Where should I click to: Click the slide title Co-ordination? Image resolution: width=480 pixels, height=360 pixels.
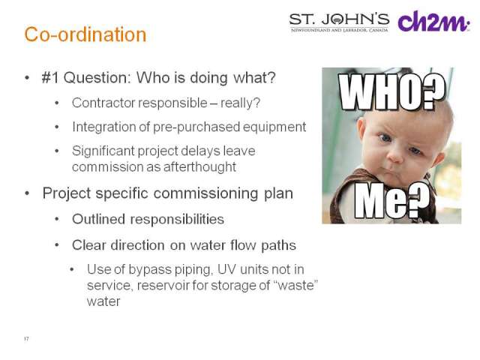85,34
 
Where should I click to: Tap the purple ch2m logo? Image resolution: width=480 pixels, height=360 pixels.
433,22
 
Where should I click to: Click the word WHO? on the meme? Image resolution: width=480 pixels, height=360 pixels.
391,91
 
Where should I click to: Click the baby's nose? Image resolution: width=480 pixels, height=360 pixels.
395,157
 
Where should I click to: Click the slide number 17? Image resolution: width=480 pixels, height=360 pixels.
26,338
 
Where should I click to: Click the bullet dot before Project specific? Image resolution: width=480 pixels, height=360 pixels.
27,193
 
